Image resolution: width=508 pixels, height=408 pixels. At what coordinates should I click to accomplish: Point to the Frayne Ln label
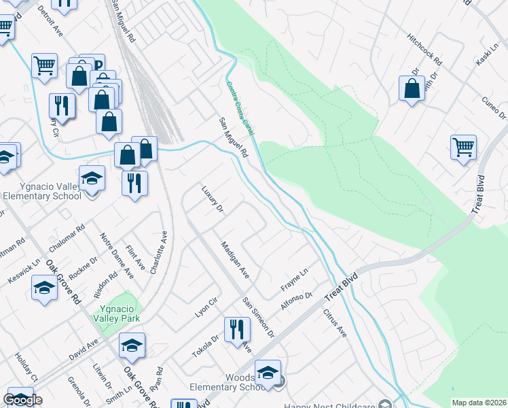295,279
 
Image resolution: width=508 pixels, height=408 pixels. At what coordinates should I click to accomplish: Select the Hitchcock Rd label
424,50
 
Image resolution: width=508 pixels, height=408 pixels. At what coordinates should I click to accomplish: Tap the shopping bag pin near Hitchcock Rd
412,88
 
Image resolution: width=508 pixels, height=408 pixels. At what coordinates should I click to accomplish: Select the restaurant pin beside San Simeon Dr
237,330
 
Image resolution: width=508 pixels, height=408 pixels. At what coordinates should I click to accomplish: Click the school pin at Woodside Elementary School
268,373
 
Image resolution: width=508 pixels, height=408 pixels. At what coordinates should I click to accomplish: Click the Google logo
22,400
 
